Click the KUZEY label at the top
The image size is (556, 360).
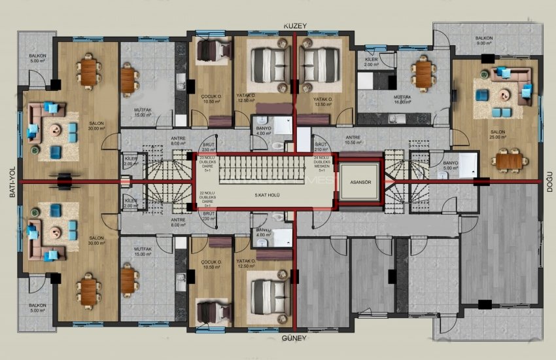tap(294, 25)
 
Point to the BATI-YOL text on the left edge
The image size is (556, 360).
tap(9, 185)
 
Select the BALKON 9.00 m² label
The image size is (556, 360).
tap(484, 41)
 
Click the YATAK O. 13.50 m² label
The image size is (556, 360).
tap(321, 101)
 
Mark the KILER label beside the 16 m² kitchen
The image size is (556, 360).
tap(371, 62)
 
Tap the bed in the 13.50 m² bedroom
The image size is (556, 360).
tap(321, 65)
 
